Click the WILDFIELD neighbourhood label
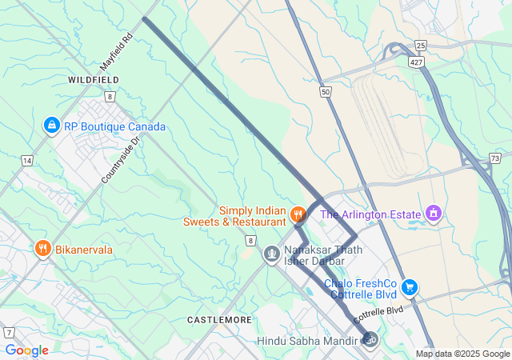click(x=94, y=80)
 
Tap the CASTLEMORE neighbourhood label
click(x=219, y=319)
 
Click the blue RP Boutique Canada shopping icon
click(x=52, y=126)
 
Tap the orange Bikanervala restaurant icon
click(x=43, y=250)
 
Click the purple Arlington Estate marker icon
click(x=434, y=214)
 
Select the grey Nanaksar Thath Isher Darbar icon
click(x=272, y=254)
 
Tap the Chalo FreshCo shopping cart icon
click(x=410, y=286)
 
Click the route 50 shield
click(x=326, y=93)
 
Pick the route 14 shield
click(x=27, y=161)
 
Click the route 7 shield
click(x=8, y=332)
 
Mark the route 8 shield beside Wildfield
click(x=110, y=96)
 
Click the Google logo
click(x=26, y=350)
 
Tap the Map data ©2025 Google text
click(x=462, y=354)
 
